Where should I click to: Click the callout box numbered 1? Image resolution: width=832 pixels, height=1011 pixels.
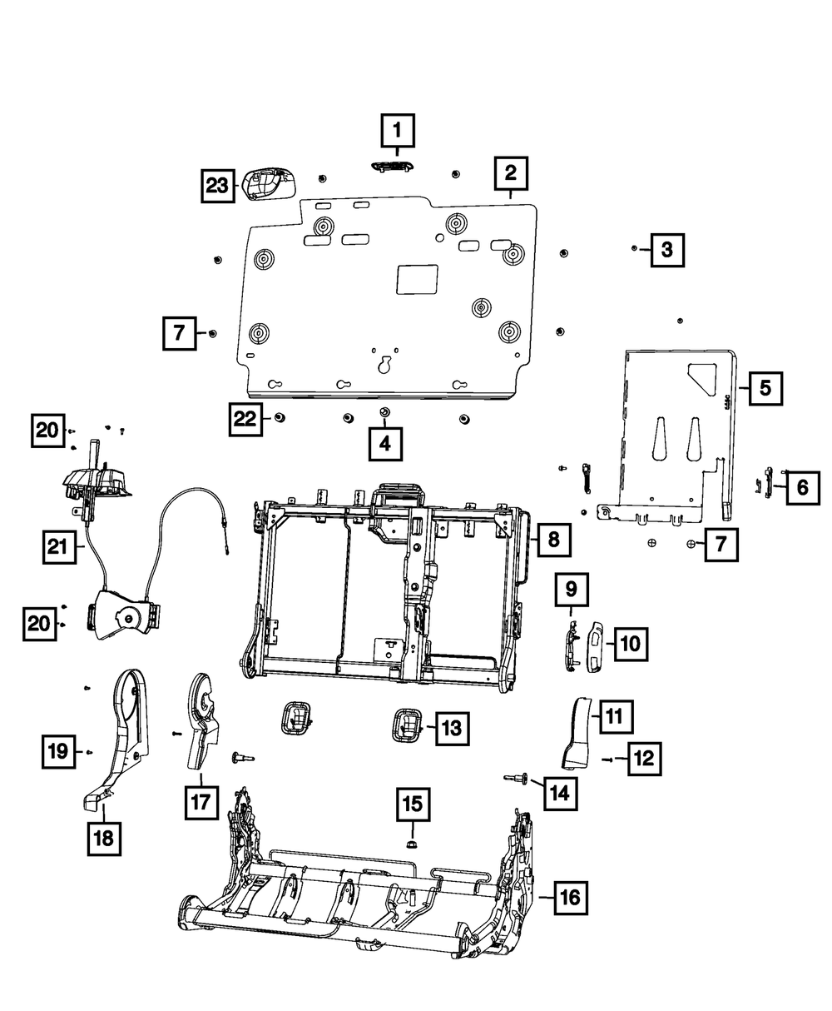pyautogui.click(x=397, y=130)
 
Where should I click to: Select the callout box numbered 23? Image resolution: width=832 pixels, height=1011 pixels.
pyautogui.click(x=217, y=187)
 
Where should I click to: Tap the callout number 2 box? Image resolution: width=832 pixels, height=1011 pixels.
pyautogui.click(x=510, y=173)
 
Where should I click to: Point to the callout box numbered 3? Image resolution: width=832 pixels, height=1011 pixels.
pyautogui.click(x=667, y=249)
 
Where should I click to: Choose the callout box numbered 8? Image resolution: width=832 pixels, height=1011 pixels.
pyautogui.click(x=553, y=540)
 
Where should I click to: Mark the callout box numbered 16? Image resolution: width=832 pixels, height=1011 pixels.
pyautogui.click(x=570, y=898)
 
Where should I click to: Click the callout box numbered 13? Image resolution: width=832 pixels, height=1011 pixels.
pyautogui.click(x=450, y=729)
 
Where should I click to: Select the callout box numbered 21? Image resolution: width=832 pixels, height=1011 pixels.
pyautogui.click(x=57, y=547)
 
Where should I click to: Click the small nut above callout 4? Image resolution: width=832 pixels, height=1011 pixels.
pyautogui.click(x=384, y=413)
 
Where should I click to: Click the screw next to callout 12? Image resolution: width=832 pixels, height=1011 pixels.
pyautogui.click(x=606, y=759)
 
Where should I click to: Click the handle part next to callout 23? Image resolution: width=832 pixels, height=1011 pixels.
pyautogui.click(x=269, y=183)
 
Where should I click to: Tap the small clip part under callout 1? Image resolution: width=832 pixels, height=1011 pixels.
pyautogui.click(x=391, y=167)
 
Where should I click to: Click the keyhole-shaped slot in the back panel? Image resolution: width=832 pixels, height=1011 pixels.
pyautogui.click(x=385, y=366)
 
